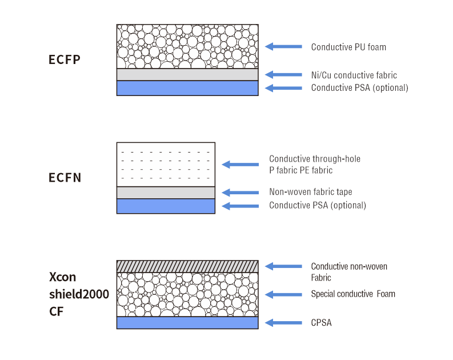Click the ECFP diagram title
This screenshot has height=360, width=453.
[65, 59]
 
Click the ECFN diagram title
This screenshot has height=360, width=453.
[65, 178]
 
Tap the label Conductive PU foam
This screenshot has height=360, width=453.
[348, 47]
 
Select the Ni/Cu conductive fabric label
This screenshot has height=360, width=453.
[354, 75]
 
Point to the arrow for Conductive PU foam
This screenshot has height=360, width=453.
[283, 47]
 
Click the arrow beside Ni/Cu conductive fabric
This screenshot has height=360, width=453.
[283, 75]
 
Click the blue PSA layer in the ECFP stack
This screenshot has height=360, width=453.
[187, 88]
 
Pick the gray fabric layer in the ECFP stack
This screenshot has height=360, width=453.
[187, 75]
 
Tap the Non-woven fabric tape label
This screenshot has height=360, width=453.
[315, 192]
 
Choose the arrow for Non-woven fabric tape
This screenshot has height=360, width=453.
[240, 192]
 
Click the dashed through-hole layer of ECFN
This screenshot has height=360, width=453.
[166, 165]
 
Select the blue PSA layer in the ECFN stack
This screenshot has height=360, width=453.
[166, 206]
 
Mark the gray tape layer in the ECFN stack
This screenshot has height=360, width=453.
[166, 192]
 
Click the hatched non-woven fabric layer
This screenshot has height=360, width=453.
[187, 266]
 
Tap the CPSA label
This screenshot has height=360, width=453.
[321, 323]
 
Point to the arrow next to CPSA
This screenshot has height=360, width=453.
[283, 323]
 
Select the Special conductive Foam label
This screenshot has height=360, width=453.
[353, 294]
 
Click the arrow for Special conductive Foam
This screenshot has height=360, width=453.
[283, 294]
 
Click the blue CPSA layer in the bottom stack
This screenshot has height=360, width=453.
[187, 323]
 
